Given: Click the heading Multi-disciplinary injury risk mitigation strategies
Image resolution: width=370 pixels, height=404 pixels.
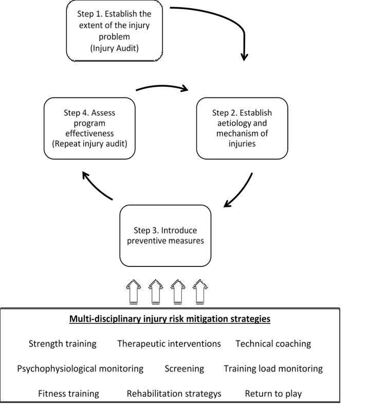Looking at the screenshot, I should point(170,319).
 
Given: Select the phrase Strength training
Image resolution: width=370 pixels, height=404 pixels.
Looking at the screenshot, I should point(62,344).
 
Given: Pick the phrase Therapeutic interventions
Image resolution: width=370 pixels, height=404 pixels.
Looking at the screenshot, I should point(169,344).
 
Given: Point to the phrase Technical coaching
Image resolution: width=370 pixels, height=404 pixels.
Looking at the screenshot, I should point(273,344).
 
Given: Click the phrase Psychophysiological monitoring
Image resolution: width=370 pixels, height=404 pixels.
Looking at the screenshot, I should point(80,369).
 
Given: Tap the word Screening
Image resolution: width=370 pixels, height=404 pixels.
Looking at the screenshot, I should point(184,369).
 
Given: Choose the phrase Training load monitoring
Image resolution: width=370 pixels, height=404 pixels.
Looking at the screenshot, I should point(273,369).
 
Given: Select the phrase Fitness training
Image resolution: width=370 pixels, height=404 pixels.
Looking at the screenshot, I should point(68,394).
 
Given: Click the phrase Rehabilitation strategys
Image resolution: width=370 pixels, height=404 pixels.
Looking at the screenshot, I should point(174,394).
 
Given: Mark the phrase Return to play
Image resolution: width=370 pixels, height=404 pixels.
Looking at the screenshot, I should point(273,394).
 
